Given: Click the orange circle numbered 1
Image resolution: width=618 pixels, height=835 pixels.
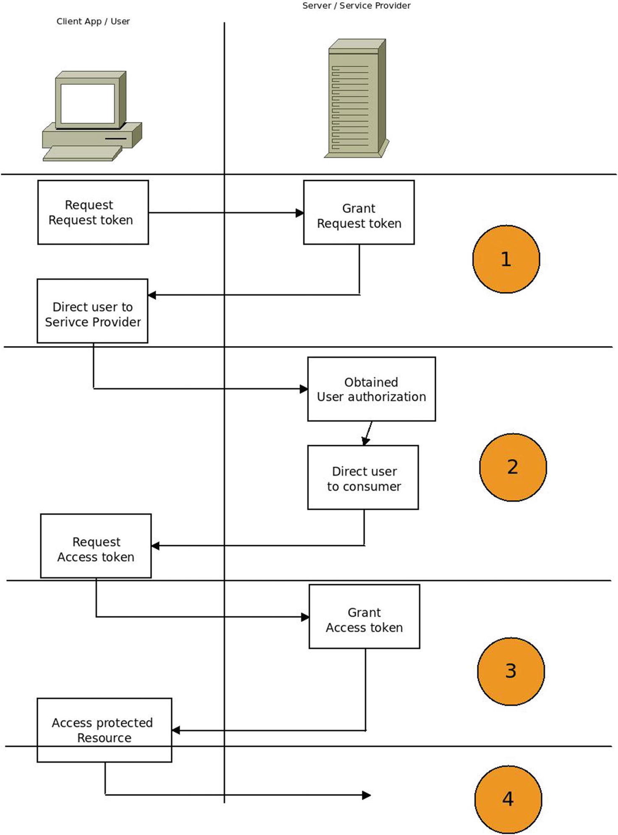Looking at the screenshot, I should coord(506,259).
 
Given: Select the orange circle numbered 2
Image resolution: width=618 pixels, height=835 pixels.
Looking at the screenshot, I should coord(513,467).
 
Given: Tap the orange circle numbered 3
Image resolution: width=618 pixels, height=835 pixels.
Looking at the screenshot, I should coord(511,671).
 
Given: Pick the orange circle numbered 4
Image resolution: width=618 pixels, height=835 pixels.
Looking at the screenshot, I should coord(508,799).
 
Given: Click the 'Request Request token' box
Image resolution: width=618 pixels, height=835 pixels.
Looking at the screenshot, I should coord(93,213).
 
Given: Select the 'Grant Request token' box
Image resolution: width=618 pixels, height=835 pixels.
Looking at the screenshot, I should coord(359,213).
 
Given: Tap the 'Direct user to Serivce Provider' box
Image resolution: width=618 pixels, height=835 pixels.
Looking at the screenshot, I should coord(92,311).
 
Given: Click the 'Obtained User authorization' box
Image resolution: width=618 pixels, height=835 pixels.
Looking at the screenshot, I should coord(371,389).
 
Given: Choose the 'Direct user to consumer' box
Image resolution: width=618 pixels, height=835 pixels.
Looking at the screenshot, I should coord(363,478).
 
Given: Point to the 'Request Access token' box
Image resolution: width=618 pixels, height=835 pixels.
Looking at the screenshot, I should coord(96,546).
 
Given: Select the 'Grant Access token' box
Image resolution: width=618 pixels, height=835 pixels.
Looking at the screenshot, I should coord(364,617).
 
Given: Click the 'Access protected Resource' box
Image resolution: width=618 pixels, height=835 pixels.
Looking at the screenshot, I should coord(104,730).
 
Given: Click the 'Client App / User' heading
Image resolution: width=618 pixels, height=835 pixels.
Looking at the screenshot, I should coord(93,21).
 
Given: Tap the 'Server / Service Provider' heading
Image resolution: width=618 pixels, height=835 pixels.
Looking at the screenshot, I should coord(356,6).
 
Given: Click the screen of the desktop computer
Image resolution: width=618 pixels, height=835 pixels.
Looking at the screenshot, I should coord(87,103).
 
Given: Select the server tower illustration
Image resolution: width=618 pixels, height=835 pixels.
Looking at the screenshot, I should coord(357,99).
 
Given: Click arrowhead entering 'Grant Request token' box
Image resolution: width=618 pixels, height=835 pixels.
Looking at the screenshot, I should coord(299,213).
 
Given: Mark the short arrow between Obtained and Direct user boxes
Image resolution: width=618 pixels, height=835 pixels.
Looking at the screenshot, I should coord(368,433).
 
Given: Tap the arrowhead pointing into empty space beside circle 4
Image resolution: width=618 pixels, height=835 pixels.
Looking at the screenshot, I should coord(366,795).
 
